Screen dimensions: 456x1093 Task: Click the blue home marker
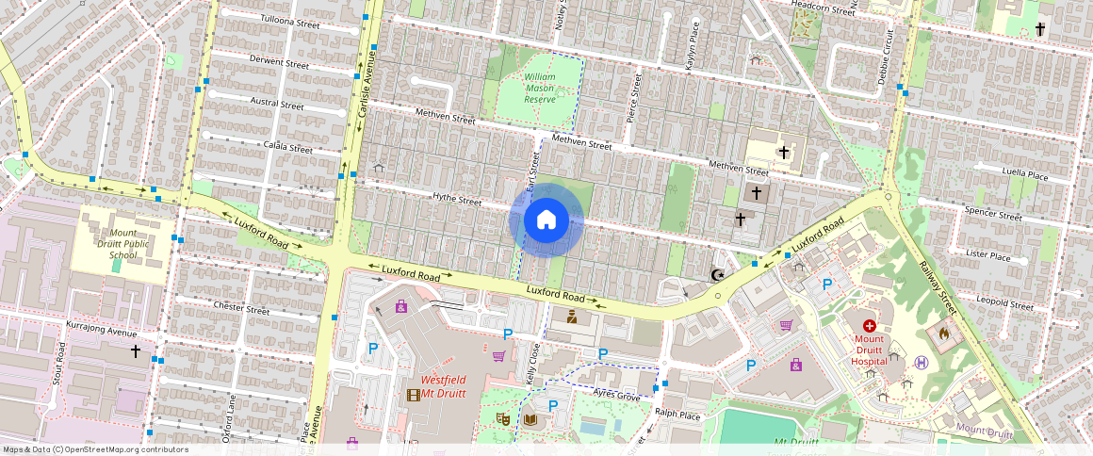[x=546, y=220]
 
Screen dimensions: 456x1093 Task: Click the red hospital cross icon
[x=868, y=326]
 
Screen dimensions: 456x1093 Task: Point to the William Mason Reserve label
[x=540, y=87]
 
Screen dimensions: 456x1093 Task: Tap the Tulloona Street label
[x=290, y=22]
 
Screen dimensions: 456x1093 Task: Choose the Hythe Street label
[x=457, y=200]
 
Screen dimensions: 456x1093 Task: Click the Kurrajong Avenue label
[x=102, y=330]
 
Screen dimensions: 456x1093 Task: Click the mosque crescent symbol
[x=718, y=275]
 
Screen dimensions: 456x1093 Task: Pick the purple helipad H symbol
[x=922, y=362]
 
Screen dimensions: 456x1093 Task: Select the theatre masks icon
[x=501, y=417]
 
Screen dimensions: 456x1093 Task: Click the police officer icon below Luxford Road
[x=570, y=318]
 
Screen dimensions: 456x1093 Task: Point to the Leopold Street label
[x=1005, y=303]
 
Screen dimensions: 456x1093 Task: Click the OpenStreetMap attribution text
[x=94, y=449]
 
